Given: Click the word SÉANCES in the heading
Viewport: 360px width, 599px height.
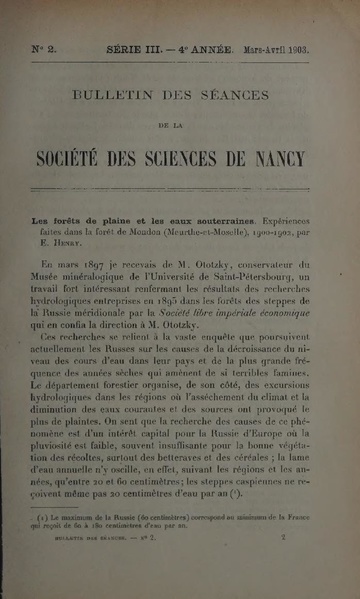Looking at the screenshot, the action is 234,97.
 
